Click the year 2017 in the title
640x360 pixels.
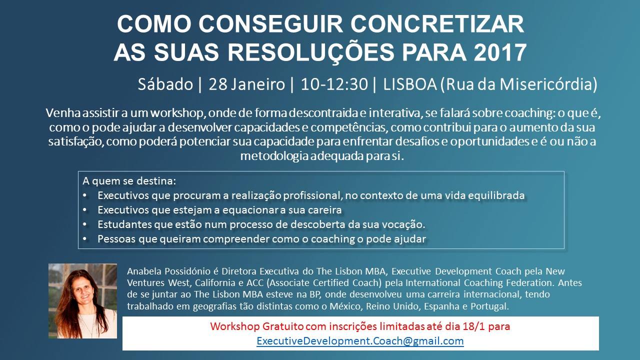[x=500, y=52]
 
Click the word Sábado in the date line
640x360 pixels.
[x=165, y=84]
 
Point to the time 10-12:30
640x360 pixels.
[x=334, y=84]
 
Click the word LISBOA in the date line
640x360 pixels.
[x=409, y=84]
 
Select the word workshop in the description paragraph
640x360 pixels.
[x=176, y=113]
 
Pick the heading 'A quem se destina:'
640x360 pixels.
[x=129, y=181]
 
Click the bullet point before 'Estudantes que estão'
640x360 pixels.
[x=85, y=224]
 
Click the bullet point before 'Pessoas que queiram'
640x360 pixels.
[x=85, y=238]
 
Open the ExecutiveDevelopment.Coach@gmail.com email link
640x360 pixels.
[x=360, y=341]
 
